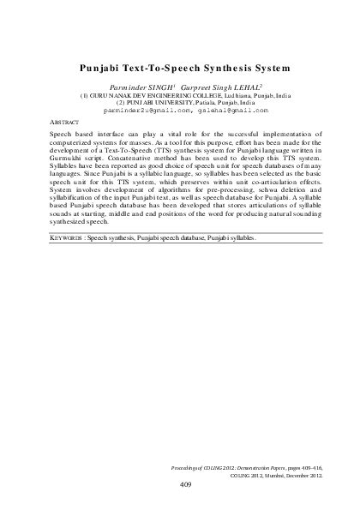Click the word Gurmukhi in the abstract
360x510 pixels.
pos(70,159)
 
